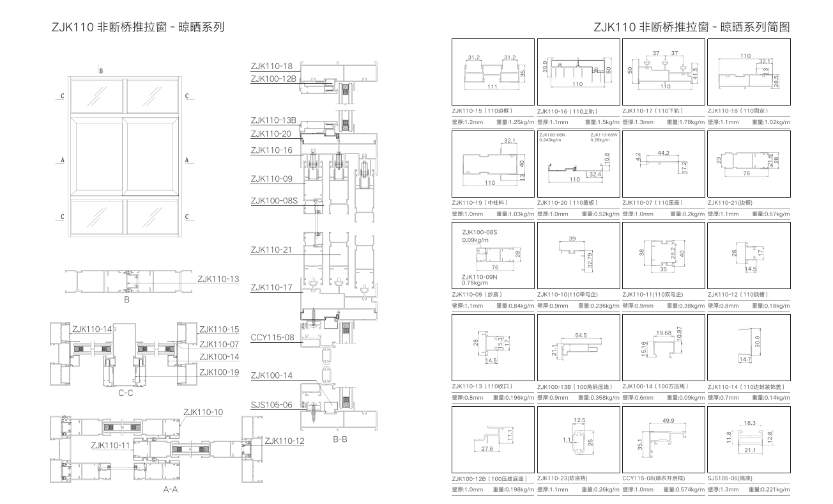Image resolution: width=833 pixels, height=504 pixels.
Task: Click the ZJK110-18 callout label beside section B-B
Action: [x=271, y=67]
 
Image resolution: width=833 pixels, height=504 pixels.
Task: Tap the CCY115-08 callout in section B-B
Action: [x=271, y=338]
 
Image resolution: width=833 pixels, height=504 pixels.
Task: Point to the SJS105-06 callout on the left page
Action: [x=271, y=405]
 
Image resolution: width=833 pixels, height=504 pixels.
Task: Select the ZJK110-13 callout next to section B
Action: [x=218, y=279]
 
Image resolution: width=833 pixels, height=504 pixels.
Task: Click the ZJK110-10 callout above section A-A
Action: [x=203, y=413]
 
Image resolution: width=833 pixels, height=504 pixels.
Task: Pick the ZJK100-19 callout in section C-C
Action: [x=218, y=372]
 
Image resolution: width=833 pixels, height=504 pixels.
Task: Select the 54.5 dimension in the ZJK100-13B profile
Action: [x=581, y=336]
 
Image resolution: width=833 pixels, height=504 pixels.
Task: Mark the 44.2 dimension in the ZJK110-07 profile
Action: [x=663, y=154]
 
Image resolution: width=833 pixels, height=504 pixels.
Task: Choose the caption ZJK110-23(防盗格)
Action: [x=562, y=478]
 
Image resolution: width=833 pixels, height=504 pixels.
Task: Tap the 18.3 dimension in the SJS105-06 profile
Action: [x=749, y=423]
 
